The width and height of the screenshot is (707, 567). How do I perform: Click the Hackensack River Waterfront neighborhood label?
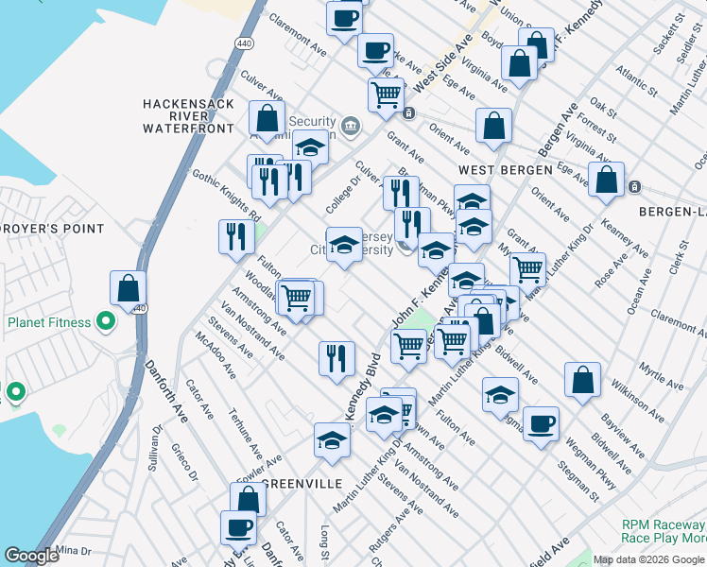coord(187,115)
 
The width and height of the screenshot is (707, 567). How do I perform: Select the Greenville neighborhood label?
coord(302,483)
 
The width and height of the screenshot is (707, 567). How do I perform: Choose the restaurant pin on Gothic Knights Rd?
coord(234,237)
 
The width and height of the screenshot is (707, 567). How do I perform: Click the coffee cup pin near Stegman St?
coord(541,423)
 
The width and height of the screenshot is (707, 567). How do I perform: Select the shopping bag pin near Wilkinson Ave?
coord(582,380)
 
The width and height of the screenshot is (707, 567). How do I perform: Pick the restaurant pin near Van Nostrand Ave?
coord(336,358)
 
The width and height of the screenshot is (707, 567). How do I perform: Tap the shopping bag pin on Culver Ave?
coord(267,119)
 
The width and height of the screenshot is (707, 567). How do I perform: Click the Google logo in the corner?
coord(31,556)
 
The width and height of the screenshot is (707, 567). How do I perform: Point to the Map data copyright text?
coord(648,559)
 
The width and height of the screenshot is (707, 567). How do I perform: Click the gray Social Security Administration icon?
coord(350,125)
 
